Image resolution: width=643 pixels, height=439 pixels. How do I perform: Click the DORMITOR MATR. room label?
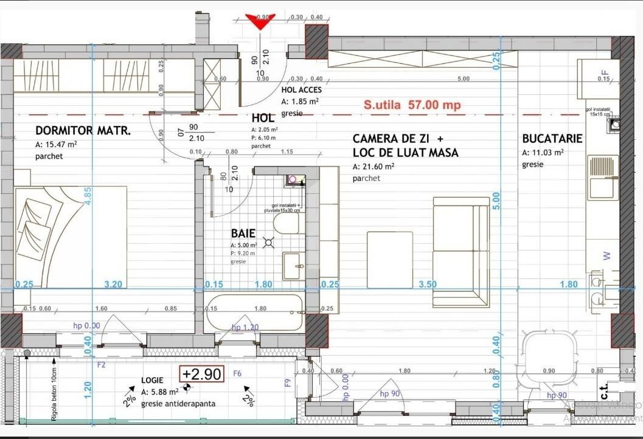pos(83,131)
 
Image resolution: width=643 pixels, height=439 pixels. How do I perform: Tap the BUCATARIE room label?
pos(552,139)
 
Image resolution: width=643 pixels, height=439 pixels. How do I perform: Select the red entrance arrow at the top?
pos(260,21)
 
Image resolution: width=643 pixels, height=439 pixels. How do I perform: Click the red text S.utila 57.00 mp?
pos(412,105)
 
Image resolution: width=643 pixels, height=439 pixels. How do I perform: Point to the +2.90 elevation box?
pos(201,373)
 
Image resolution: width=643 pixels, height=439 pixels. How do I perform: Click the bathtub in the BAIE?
pos(254,312)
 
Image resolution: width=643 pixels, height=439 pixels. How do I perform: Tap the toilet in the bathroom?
pos(286,223)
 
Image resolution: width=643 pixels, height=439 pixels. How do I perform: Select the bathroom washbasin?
pos(294,265)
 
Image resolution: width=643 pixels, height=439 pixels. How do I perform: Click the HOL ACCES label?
pos(301,90)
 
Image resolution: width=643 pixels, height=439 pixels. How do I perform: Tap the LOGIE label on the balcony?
pos(152,380)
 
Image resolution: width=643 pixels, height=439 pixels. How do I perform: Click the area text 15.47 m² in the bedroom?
pos(56,145)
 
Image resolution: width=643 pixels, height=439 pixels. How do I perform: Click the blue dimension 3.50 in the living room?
pos(428,284)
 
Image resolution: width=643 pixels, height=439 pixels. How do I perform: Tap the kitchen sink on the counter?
pos(603,177)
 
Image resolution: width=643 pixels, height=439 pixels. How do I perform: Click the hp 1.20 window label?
pos(245,327)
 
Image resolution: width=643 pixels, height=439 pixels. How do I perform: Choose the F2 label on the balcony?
pos(102,365)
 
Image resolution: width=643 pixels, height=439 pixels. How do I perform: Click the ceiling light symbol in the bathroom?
pos(269,243)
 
